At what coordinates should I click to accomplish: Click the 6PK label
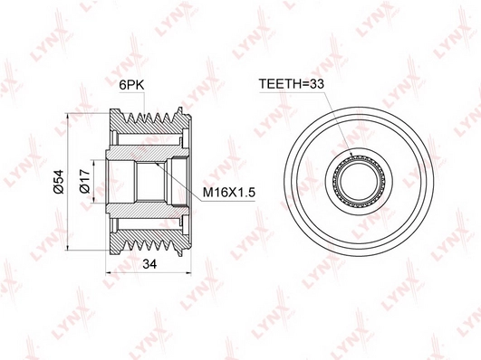(x=131, y=84)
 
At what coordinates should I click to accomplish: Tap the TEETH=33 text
(x=292, y=83)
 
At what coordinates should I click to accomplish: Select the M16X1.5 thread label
(x=229, y=193)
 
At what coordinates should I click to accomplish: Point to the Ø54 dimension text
(x=58, y=182)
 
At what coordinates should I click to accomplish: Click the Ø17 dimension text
(x=84, y=181)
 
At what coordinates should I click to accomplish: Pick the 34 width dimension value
(x=149, y=263)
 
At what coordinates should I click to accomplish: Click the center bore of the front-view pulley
(x=359, y=181)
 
